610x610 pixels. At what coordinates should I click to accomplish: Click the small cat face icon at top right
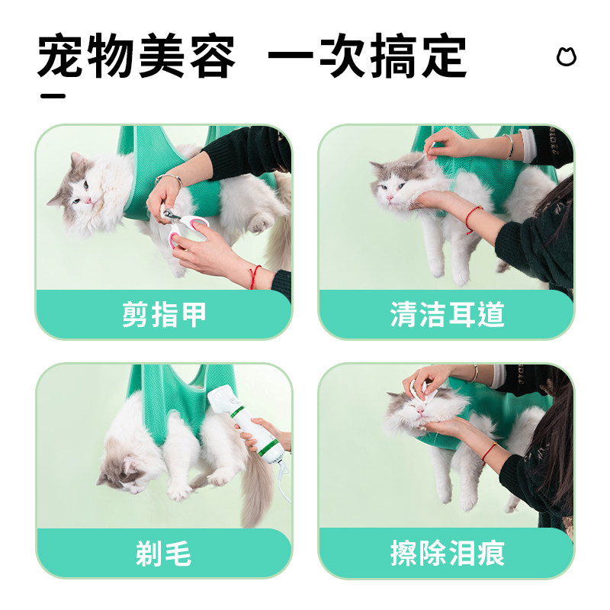pyautogui.click(x=566, y=57)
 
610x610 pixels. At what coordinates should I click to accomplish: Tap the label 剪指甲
pyautogui.click(x=164, y=314)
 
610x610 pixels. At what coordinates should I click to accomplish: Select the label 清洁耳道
pyautogui.click(x=447, y=314)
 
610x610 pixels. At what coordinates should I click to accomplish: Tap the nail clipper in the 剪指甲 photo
pyautogui.click(x=183, y=225)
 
